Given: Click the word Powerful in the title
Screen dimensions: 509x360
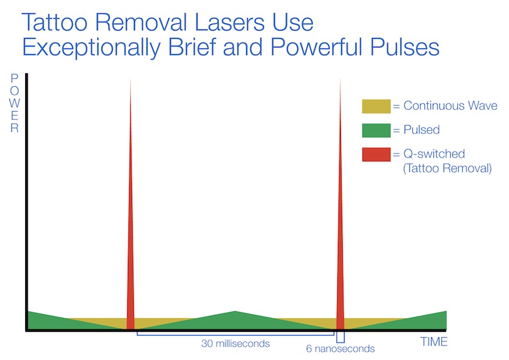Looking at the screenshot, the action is (x=316, y=47).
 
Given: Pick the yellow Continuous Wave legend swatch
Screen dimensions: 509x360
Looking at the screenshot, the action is (x=376, y=106).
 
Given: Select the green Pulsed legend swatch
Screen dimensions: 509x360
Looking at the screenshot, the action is (x=376, y=130).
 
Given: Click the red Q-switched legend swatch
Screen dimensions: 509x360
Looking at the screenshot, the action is (x=376, y=155).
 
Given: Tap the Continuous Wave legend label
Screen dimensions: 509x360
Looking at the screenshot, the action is (x=450, y=106).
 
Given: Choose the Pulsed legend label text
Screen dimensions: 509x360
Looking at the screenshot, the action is (x=421, y=130).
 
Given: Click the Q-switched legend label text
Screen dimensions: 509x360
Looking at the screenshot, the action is (x=434, y=154).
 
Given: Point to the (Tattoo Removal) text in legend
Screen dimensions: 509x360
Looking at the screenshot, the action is (x=447, y=168).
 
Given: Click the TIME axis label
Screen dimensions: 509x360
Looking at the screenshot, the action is (x=434, y=342).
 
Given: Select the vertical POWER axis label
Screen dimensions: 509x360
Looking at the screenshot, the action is (x=14, y=103).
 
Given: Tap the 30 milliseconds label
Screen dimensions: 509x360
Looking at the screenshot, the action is (x=235, y=343).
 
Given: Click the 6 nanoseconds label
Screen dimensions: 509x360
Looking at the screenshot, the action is (x=340, y=349).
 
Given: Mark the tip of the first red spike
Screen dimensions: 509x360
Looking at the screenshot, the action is (x=130, y=79).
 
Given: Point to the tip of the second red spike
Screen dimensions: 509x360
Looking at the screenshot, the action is (x=340, y=79).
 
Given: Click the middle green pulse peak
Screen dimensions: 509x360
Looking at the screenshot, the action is (x=235, y=311).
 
